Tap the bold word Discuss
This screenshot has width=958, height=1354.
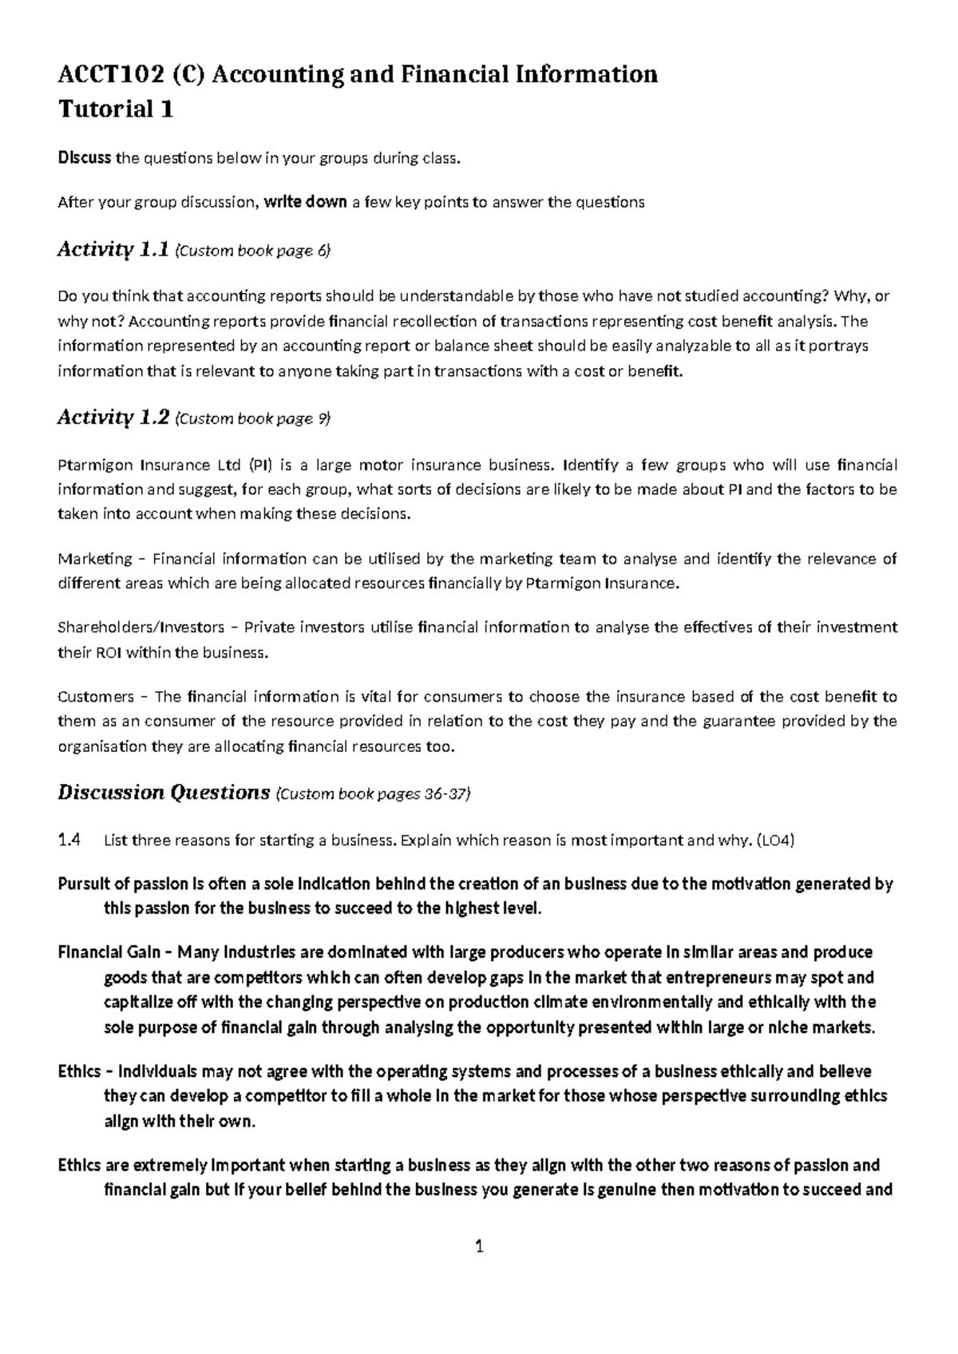84,158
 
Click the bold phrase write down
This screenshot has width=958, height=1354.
305,202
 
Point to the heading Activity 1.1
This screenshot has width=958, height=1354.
113,250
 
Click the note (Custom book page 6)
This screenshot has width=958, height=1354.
251,251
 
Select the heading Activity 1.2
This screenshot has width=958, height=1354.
113,418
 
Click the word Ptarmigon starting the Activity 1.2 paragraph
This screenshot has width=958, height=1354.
96,465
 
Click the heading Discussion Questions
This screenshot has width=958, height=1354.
164,793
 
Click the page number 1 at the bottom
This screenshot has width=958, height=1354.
479,1247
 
